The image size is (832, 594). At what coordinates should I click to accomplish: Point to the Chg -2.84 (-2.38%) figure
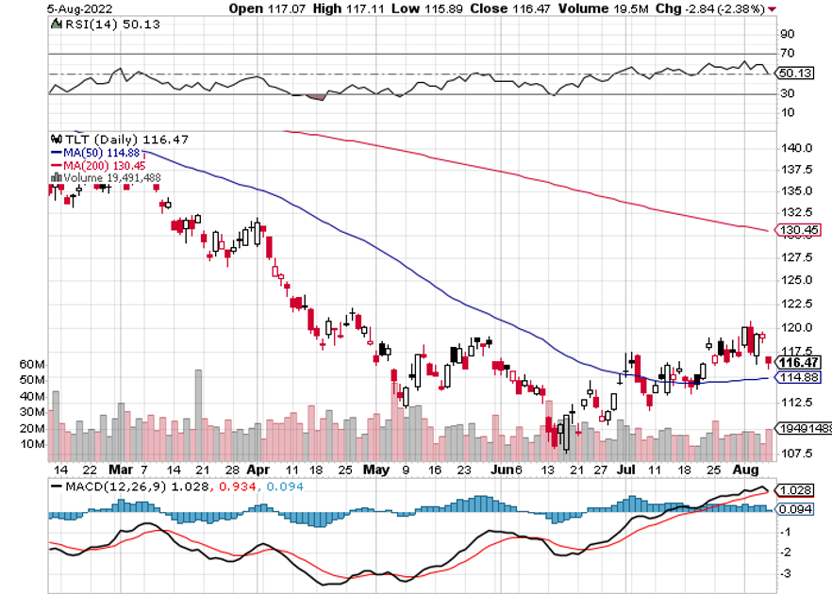(723, 8)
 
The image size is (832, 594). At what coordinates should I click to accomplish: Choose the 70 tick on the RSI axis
(788, 54)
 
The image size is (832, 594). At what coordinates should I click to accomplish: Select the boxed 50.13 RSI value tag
(790, 74)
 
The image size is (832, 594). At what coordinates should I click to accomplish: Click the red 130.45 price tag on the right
(798, 229)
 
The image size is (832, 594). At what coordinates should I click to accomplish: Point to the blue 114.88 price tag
(798, 377)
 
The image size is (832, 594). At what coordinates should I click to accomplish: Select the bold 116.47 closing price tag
(799, 362)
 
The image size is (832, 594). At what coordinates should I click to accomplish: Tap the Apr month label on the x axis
(258, 469)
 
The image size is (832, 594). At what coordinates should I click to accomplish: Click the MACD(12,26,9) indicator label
(115, 487)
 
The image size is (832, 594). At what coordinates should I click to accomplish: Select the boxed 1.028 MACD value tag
(794, 490)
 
